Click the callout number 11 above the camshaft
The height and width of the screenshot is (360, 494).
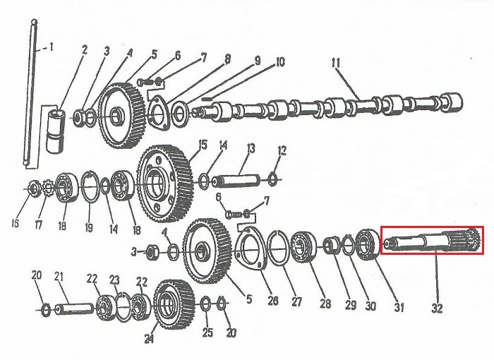336,63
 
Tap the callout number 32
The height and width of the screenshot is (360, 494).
437,308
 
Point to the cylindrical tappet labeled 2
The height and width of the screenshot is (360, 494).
55,131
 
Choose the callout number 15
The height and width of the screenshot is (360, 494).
203,145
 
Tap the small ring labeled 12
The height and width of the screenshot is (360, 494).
272,179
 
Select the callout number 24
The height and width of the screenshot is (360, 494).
149,339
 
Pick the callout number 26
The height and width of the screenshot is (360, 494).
273,301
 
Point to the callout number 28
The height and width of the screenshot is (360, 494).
325,304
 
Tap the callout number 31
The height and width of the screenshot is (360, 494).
399,307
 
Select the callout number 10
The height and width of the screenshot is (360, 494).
280,62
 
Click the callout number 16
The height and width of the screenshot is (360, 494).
15,223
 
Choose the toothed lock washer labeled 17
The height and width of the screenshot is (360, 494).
47,188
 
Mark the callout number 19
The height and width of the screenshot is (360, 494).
89,227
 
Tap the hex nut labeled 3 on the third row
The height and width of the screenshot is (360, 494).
153,253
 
